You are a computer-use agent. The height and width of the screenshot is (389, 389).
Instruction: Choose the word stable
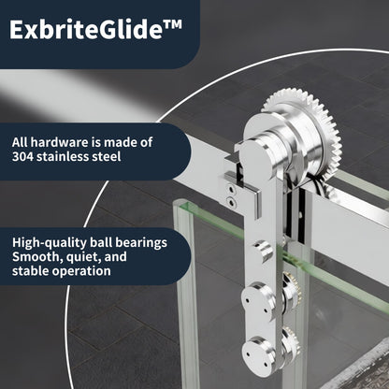click(x=32, y=271)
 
